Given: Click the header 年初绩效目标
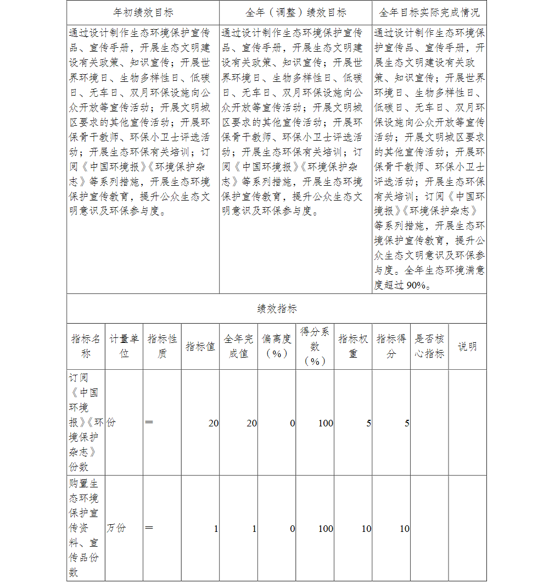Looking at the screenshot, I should pos(143,12).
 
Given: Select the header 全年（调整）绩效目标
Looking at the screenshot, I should pos(296,12).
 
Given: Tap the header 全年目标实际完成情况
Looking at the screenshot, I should pos(429,12).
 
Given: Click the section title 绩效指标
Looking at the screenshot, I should pos(277,309).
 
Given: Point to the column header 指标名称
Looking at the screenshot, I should pos(86,346).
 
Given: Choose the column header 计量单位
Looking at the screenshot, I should pos(124,346).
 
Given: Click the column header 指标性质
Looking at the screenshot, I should pos(162,346).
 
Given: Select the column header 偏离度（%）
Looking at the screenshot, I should pos(277,346).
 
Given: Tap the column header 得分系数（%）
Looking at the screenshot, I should pos(315,346).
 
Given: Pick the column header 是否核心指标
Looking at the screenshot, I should pos(429,346).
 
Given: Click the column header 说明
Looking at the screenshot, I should pos(467,346).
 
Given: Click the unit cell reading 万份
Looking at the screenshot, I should pos(116,528).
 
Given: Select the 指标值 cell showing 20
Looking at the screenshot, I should pos(213,423).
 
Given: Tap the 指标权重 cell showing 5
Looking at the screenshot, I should pos(368,423).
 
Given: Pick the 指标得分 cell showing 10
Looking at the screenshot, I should pos(404,529).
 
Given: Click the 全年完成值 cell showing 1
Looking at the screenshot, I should pos(254,529).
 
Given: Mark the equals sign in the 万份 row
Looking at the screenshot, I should pos(149,528).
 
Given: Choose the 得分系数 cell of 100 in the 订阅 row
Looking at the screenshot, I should pos(326,423).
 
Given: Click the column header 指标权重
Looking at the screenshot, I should pos(353,346).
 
